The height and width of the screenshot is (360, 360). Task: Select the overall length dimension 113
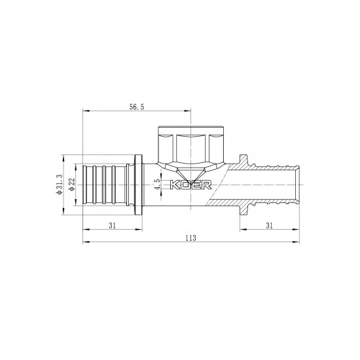[190, 239]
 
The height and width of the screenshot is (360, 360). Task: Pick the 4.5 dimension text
[156, 185]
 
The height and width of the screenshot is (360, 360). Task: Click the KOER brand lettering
[189, 185]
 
